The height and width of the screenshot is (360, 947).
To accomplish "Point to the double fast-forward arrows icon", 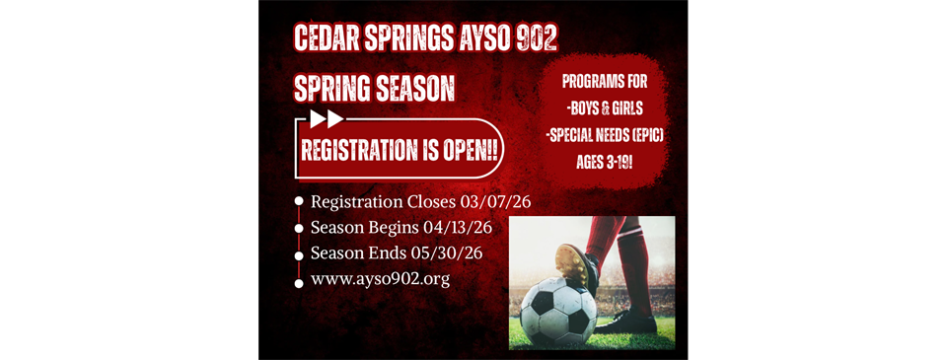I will (327, 119).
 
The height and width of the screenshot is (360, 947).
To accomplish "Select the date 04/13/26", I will (458, 228).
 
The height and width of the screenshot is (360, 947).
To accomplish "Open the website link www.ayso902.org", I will (380, 279).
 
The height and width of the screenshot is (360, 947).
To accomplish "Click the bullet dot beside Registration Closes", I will (299, 202).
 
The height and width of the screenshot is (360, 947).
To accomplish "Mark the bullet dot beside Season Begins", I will (299, 228).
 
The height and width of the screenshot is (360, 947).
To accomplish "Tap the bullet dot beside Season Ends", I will (299, 253).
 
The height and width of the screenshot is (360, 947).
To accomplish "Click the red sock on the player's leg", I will (607, 237).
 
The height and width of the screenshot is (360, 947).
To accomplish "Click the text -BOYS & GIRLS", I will (604, 107).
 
